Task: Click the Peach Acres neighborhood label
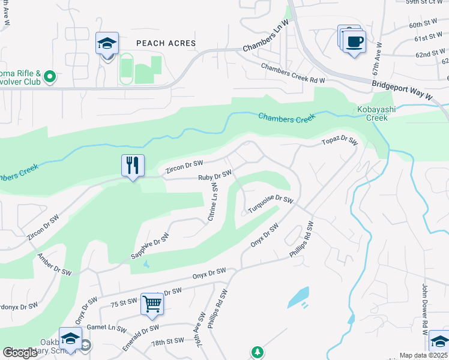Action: [166, 43]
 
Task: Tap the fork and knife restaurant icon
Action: [133, 165]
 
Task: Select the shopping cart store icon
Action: [152, 304]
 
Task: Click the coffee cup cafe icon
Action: [355, 42]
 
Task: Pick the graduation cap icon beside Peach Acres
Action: [107, 44]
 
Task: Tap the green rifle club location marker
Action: [50, 76]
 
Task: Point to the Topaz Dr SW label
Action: [339, 142]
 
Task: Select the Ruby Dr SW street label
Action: [215, 176]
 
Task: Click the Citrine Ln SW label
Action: [213, 202]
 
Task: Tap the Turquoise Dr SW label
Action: [271, 205]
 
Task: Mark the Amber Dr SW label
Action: [54, 264]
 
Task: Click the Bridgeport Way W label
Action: [402, 91]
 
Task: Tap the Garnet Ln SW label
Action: [105, 329]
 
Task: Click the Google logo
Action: [20, 353]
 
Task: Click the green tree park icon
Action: [257, 352]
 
